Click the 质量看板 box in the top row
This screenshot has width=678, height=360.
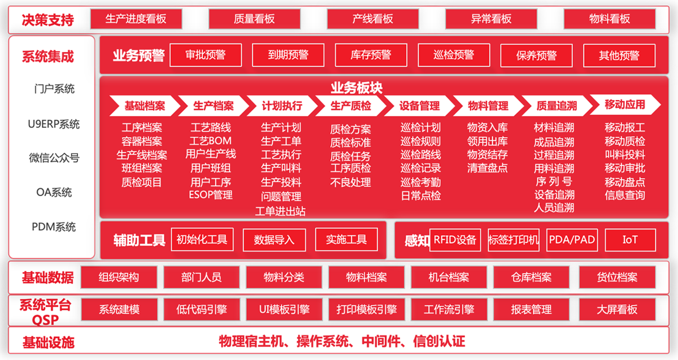pyautogui.click(x=254, y=19)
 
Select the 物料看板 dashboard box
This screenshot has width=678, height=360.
pyautogui.click(x=609, y=19)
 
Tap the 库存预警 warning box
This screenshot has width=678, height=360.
pyautogui.click(x=371, y=55)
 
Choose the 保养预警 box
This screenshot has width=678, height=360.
pyautogui.click(x=536, y=55)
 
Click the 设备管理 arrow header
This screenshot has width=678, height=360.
pyautogui.click(x=419, y=106)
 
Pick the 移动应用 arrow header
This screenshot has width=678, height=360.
pyautogui.click(x=625, y=105)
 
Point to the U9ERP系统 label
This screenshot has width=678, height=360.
pyautogui.click(x=54, y=124)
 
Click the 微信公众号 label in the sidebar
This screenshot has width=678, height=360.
pyautogui.click(x=54, y=158)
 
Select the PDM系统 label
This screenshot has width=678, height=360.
pyautogui.click(x=54, y=227)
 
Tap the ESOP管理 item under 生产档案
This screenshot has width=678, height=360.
pyautogui.click(x=211, y=194)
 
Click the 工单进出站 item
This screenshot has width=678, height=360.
pyautogui.click(x=280, y=211)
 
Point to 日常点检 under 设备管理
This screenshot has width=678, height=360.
pyautogui.click(x=421, y=196)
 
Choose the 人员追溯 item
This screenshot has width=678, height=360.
pyautogui.click(x=554, y=208)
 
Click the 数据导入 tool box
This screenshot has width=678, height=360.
pyautogui.click(x=274, y=240)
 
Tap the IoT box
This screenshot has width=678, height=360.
pyautogui.click(x=630, y=240)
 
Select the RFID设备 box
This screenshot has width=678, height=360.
pyautogui.click(x=455, y=240)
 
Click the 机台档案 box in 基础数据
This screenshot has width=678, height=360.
pyautogui.click(x=449, y=277)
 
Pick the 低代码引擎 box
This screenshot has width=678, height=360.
pyautogui.click(x=202, y=310)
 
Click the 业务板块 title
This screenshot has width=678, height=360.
pyautogui.click(x=357, y=88)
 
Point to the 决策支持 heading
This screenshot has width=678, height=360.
pyautogui.click(x=48, y=20)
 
